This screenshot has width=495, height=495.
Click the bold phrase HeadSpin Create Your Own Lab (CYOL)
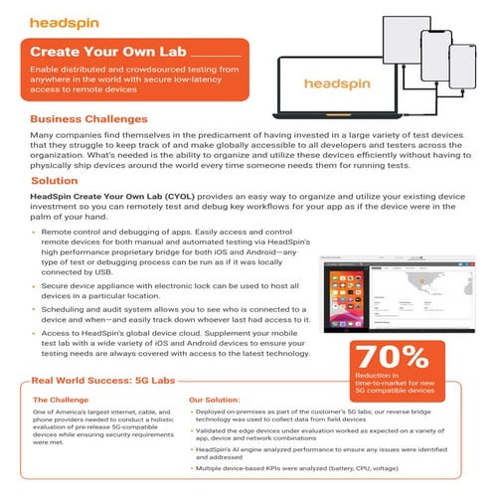[x=115, y=198]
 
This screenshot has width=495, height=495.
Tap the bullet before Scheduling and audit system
[x=35, y=309]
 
